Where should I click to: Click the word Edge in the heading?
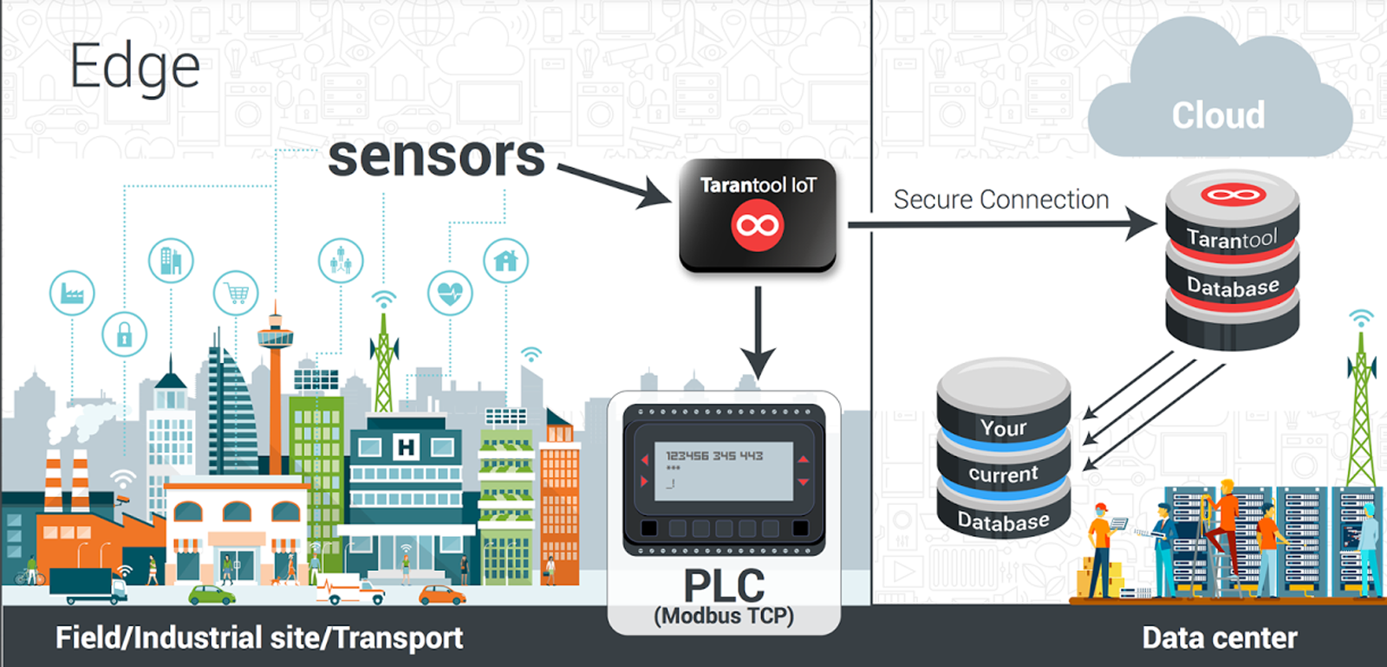pyautogui.click(x=134, y=67)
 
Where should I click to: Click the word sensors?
pyautogui.click(x=436, y=157)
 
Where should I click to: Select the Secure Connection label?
pyautogui.click(x=1001, y=200)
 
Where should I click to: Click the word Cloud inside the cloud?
pyautogui.click(x=1218, y=115)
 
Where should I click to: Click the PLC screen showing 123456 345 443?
pyautogui.click(x=717, y=470)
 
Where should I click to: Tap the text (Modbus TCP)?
pyautogui.click(x=724, y=616)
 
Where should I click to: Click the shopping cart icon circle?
pyautogui.click(x=236, y=294)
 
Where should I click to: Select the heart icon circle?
pyautogui.click(x=450, y=293)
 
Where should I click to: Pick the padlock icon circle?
pyautogui.click(x=124, y=334)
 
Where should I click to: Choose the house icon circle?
pyautogui.click(x=505, y=260)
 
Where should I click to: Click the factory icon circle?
pyautogui.click(x=72, y=294)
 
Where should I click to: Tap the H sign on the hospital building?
pyautogui.click(x=406, y=447)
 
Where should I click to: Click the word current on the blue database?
pyautogui.click(x=1003, y=474)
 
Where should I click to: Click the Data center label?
pyautogui.click(x=1220, y=638)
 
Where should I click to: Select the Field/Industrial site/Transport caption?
pyautogui.click(x=259, y=638)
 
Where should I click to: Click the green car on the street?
pyautogui.click(x=212, y=594)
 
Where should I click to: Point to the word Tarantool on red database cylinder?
pyautogui.click(x=1232, y=238)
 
